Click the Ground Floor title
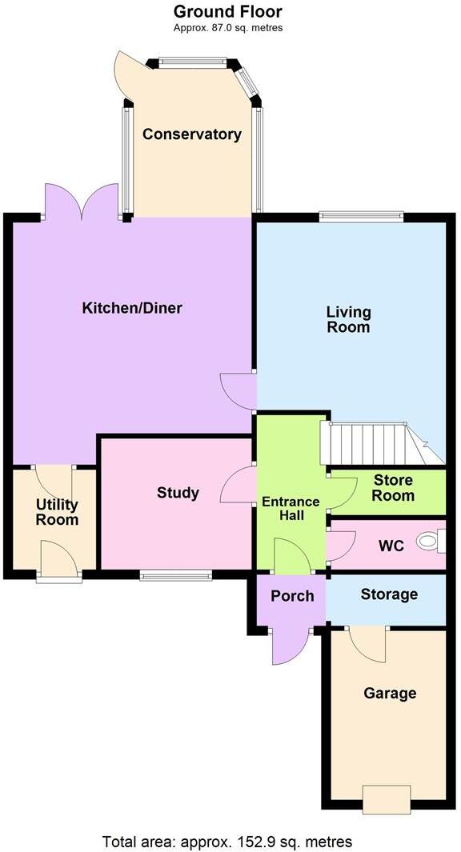point(228,11)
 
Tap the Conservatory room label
point(192,134)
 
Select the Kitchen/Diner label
point(133,308)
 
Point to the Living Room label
point(347,319)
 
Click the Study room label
point(178,493)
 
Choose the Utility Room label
point(57,512)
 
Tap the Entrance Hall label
point(291,509)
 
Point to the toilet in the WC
point(431,542)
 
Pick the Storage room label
point(389,594)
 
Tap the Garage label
point(390,694)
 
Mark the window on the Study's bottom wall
point(176,574)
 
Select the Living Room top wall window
point(361,215)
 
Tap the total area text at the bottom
point(227,842)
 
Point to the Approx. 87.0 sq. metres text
point(228,28)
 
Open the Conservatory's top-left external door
point(130,74)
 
